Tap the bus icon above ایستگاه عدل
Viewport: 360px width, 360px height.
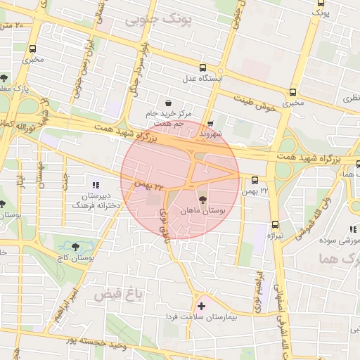[x=203, y=68]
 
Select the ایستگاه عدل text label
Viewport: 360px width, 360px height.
[x=202, y=79]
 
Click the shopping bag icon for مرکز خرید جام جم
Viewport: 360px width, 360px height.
[x=167, y=103]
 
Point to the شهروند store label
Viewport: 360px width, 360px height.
[x=210, y=133]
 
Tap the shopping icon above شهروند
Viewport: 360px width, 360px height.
[x=210, y=122]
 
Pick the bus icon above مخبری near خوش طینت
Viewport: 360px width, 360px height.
[x=292, y=91]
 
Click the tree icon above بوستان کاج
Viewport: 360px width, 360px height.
[x=75, y=246]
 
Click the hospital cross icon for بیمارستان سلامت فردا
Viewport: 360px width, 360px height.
[x=202, y=306]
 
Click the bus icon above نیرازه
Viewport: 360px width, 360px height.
[x=274, y=225]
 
